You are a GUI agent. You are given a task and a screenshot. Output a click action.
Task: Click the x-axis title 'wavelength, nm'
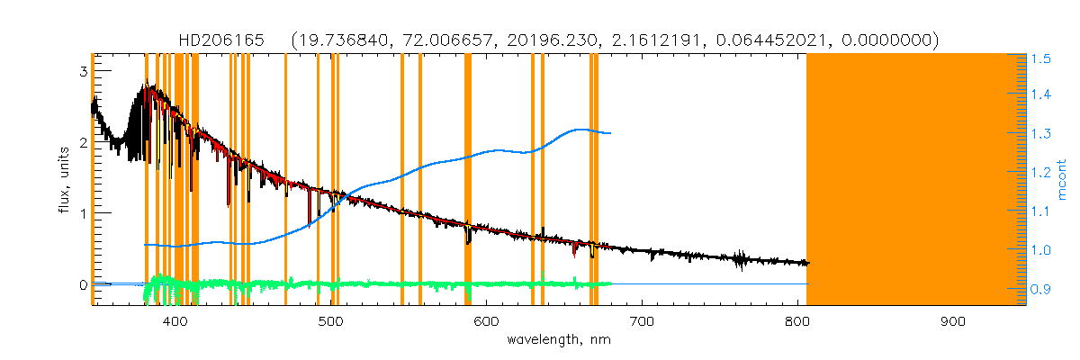point(559,340)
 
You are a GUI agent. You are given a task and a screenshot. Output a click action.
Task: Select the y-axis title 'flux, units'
point(69,180)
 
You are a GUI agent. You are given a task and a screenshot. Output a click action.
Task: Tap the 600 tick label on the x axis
point(486,321)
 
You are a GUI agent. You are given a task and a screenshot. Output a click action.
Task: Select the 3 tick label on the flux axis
point(82,71)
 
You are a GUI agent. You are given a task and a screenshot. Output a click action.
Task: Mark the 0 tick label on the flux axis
point(82,284)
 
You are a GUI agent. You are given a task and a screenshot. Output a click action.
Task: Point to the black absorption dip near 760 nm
point(740,264)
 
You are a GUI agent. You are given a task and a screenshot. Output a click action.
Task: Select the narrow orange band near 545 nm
point(401,180)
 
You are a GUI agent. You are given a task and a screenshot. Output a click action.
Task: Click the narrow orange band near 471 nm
point(285,180)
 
